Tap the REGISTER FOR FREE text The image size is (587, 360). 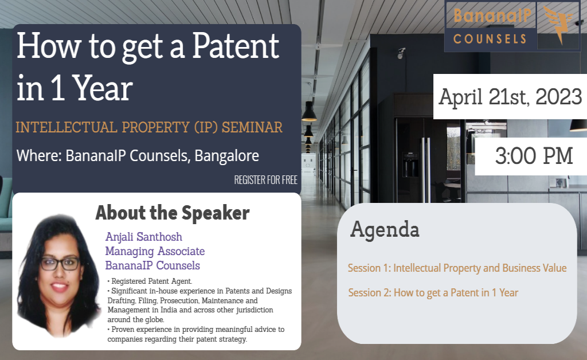265,180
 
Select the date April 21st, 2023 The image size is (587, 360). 510,97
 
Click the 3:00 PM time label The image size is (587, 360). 534,156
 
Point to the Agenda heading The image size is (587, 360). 385,229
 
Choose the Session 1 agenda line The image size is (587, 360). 457,268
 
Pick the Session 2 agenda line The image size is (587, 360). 433,292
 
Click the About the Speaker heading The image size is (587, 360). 172,213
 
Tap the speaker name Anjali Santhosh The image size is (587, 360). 143,237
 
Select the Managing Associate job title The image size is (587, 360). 155,251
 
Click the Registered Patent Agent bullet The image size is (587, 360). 151,281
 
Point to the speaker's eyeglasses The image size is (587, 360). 60,264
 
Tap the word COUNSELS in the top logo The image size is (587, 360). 490,39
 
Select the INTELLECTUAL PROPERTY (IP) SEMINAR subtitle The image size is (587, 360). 149,127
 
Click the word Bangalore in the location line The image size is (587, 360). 227,155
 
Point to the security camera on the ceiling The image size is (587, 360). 401,53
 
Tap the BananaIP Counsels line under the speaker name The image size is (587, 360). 152,265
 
